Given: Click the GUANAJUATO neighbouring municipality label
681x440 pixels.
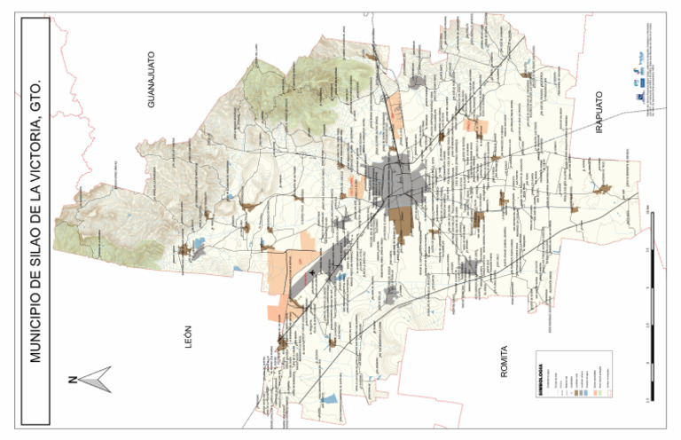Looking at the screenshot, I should [x=152, y=79].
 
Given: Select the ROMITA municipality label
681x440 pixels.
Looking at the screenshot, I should [x=504, y=362].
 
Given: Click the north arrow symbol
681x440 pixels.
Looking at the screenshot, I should [x=96, y=379].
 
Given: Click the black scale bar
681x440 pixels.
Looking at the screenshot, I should [x=652, y=302].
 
